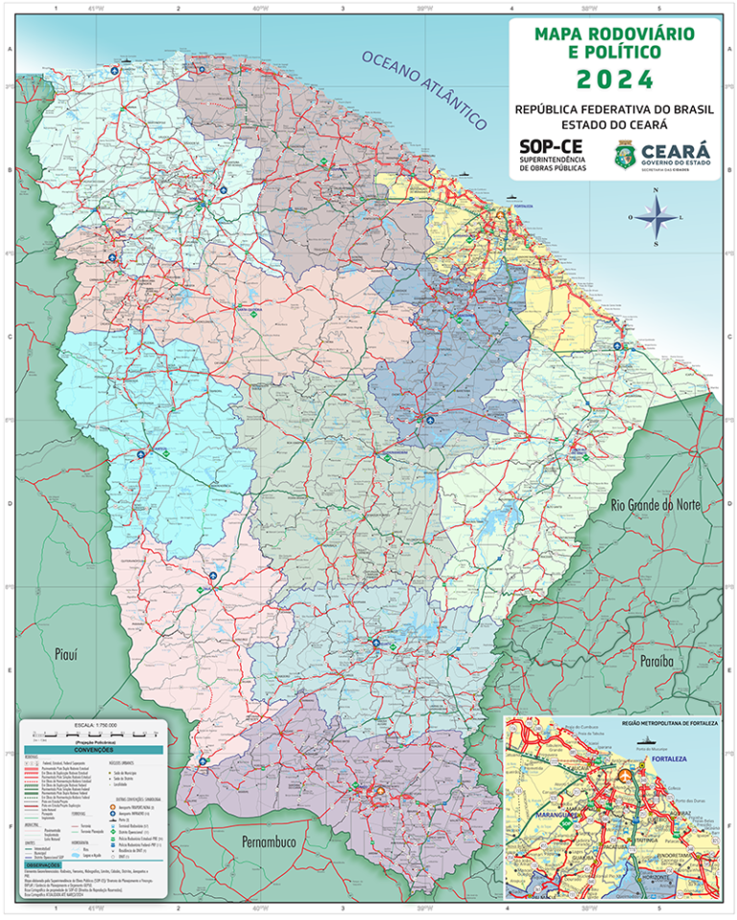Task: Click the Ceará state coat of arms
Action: [x=626, y=154]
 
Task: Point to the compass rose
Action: [x=655, y=217]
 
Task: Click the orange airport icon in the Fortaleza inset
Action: [x=625, y=775]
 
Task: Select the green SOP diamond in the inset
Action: [x=565, y=823]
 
